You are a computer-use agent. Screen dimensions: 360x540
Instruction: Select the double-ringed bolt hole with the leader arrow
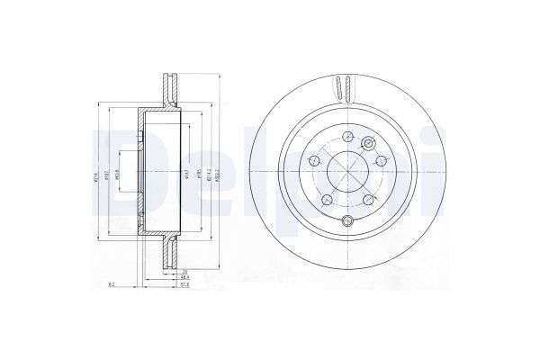pos(368,144)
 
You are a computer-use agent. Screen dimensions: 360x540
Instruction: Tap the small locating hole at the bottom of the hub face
pos(347,222)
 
